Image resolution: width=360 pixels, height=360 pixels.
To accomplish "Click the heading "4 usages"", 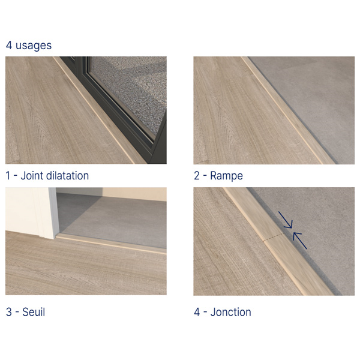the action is (29, 45).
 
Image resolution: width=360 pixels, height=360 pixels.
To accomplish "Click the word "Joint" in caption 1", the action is (32, 176).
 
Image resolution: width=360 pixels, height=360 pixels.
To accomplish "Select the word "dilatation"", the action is (67, 176).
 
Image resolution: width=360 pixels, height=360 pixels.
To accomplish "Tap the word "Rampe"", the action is (226, 176).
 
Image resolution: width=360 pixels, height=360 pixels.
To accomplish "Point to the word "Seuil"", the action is (34, 312).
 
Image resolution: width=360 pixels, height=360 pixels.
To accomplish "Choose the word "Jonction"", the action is (231, 312).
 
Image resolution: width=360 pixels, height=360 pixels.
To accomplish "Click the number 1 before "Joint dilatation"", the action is (8, 176).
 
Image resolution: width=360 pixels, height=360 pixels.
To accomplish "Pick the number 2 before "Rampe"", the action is (197, 176).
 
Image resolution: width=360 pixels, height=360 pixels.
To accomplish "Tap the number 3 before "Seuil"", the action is (9, 312).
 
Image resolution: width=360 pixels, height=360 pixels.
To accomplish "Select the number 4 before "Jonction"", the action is (197, 312).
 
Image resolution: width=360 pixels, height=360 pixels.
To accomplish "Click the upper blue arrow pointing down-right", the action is (286, 220).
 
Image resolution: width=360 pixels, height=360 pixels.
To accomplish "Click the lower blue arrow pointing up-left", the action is (299, 241).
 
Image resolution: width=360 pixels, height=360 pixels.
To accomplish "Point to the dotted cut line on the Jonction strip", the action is (274, 238).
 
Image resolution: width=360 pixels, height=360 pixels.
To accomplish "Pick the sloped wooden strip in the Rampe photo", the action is (287, 110).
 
